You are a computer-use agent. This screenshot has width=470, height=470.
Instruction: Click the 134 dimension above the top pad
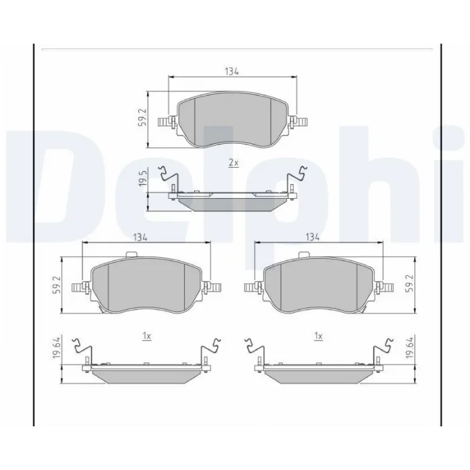[x=232, y=72]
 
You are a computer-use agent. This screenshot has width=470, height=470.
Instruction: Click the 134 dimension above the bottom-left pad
[x=140, y=238]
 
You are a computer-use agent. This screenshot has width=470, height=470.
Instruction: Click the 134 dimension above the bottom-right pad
[x=312, y=238]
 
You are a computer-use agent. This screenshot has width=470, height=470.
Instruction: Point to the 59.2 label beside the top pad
[x=142, y=117]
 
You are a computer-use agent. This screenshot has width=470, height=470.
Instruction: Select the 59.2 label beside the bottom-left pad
[x=58, y=285]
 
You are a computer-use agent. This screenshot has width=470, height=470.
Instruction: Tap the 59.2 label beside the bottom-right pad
[x=410, y=283]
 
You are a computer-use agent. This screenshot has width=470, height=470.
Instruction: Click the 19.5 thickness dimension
[x=142, y=179]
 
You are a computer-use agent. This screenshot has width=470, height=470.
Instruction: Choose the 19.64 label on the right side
[x=410, y=347]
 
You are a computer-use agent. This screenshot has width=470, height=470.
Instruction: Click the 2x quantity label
[x=234, y=163]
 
